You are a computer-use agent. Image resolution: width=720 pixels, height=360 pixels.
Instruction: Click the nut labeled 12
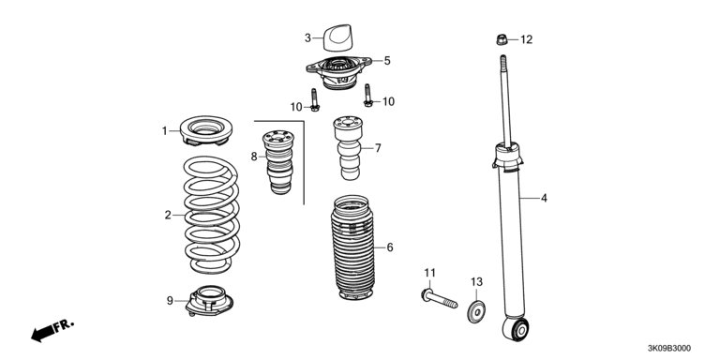point(502,40)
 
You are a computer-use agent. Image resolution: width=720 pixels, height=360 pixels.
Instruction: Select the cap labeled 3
point(337,37)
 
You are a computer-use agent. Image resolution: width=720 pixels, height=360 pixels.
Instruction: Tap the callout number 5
point(387,61)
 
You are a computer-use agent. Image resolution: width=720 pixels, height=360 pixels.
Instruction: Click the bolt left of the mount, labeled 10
point(315,99)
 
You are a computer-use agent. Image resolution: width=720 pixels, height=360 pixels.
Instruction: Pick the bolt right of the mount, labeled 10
point(367,95)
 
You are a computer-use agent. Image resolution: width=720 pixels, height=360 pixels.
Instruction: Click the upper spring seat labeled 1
point(205,130)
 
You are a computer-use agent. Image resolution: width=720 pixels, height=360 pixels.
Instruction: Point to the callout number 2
point(168,215)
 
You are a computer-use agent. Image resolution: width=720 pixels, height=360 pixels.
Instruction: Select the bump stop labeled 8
point(278,161)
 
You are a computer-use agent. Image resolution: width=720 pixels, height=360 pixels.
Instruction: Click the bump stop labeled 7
point(349,148)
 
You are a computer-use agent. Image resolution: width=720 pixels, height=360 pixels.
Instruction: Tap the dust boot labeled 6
point(353,247)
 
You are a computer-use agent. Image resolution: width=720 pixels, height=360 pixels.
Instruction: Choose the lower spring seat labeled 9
point(209,301)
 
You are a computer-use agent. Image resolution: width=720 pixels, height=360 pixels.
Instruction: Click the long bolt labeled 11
point(439,298)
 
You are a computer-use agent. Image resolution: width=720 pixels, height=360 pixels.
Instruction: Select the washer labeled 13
point(476,312)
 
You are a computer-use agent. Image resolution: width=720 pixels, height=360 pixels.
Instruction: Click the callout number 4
point(544,199)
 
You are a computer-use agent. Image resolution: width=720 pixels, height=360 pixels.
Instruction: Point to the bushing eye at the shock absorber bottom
point(517,328)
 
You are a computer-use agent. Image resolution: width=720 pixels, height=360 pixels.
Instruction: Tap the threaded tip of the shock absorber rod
point(503,61)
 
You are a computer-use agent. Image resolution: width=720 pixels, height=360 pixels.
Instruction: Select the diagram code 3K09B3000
point(668,349)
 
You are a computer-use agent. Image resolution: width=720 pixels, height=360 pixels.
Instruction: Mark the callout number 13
point(476,281)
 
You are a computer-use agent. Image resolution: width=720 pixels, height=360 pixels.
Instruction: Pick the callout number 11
point(429,273)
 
